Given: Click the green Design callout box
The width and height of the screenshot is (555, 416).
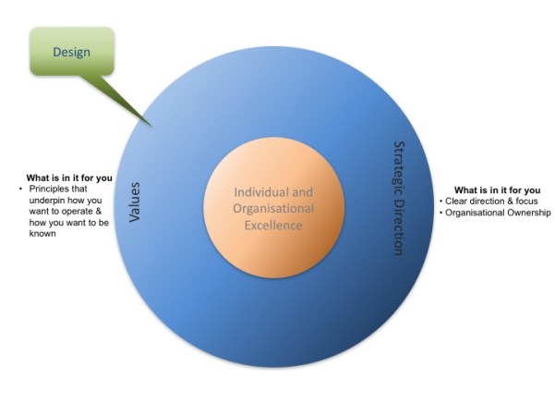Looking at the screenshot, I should pos(72,51).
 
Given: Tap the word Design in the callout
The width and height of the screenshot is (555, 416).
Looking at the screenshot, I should pos(72,52).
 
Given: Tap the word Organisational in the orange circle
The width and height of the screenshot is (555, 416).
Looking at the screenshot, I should pos(273,209).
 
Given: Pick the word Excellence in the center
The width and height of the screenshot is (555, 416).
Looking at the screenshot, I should pos(273,226).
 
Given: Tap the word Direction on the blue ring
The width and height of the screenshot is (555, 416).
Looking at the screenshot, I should pos(399,226).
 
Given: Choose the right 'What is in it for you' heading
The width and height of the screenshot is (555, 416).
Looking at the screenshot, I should pos(497,190).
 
